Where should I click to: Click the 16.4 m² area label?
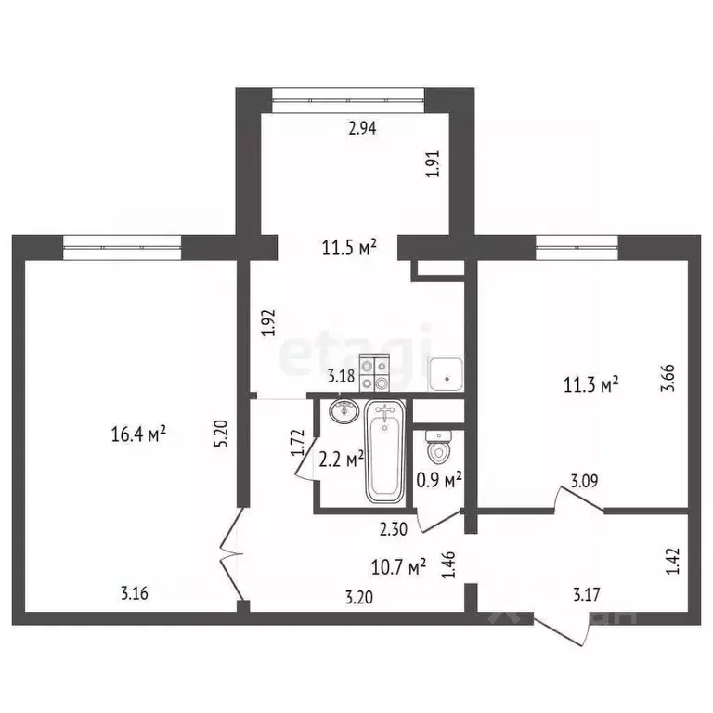[137, 433]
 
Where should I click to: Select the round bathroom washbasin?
[344, 410]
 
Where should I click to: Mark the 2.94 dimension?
[363, 130]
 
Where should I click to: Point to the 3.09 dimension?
[584, 481]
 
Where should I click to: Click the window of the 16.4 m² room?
[122, 245]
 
